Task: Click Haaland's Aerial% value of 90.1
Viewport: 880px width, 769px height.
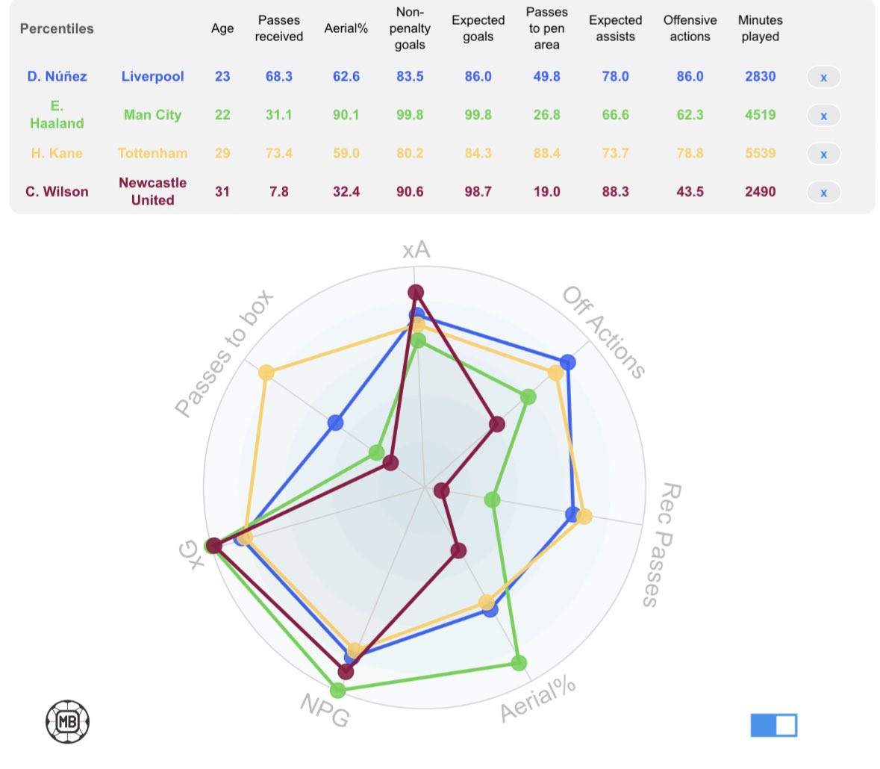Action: click(346, 115)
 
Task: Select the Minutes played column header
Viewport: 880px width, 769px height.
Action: click(760, 28)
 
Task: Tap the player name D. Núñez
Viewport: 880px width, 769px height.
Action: click(57, 76)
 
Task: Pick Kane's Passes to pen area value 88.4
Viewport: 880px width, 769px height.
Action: click(546, 153)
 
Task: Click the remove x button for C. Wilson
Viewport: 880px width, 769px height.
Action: click(823, 193)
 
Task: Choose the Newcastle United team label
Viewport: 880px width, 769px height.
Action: click(152, 191)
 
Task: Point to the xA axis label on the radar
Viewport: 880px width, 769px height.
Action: click(416, 249)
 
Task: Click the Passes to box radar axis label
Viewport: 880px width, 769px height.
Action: click(224, 352)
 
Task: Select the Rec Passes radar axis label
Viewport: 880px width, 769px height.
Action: click(661, 544)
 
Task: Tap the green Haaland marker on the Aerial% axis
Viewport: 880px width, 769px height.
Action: click(519, 662)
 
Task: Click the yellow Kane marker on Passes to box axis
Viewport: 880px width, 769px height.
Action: click(266, 373)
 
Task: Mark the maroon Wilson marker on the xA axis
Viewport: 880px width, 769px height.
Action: click(415, 292)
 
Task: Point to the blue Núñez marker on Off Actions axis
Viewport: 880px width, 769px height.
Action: click(567, 363)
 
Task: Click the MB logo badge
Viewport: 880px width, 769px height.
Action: click(68, 721)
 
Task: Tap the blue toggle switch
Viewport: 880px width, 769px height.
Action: click(773, 725)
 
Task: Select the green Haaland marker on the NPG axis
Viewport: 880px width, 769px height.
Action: click(337, 690)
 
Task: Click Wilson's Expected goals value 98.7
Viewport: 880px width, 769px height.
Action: click(478, 192)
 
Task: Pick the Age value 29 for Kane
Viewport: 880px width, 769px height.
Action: click(222, 153)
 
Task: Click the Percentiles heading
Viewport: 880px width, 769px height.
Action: click(57, 28)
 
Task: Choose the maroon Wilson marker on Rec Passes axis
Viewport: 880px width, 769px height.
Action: click(442, 491)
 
